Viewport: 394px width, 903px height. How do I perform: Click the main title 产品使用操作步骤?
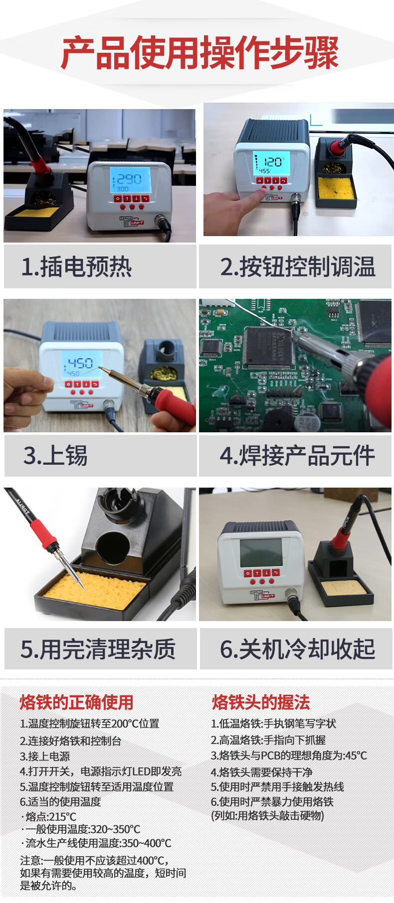tap(199, 52)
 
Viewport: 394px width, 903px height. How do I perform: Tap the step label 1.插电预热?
tap(76, 266)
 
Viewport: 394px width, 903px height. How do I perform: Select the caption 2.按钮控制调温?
tap(298, 266)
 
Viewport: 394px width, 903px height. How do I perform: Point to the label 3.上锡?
tap(55, 455)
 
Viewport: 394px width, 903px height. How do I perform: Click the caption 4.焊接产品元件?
tap(297, 455)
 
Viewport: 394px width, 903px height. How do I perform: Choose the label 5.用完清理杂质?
tap(98, 649)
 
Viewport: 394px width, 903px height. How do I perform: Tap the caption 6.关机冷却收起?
tap(298, 649)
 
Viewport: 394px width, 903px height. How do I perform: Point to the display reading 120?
tap(269, 163)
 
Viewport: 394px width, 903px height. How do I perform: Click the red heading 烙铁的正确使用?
tap(76, 702)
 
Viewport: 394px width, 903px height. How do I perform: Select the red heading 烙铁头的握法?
tap(261, 702)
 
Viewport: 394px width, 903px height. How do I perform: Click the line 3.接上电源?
tap(45, 756)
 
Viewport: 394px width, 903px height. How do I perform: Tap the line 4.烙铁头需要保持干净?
tap(262, 772)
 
